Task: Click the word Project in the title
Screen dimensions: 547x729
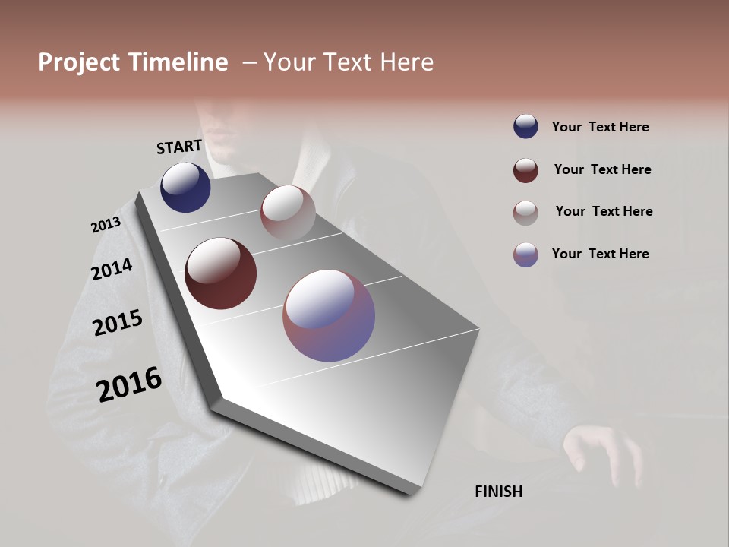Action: (80, 62)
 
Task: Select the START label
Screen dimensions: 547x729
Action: (179, 147)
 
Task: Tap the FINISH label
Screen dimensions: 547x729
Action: (499, 492)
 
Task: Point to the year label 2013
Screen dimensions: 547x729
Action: (106, 225)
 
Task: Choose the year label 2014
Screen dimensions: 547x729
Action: (112, 269)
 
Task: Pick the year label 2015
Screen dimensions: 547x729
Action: (118, 323)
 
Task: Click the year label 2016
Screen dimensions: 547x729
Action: (129, 384)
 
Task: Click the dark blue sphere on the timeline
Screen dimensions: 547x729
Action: (185, 187)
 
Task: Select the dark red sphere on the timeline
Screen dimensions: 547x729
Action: (220, 273)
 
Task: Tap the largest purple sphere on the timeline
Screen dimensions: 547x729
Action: (329, 315)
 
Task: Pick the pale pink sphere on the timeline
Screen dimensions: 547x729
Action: (288, 212)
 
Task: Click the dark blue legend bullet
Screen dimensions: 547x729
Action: (525, 126)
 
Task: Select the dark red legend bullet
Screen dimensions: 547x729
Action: (525, 170)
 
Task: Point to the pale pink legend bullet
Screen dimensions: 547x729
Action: (525, 213)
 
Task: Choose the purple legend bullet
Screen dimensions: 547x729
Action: (525, 255)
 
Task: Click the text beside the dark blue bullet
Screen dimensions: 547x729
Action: (600, 127)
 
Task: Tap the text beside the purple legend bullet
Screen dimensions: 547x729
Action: (600, 254)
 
